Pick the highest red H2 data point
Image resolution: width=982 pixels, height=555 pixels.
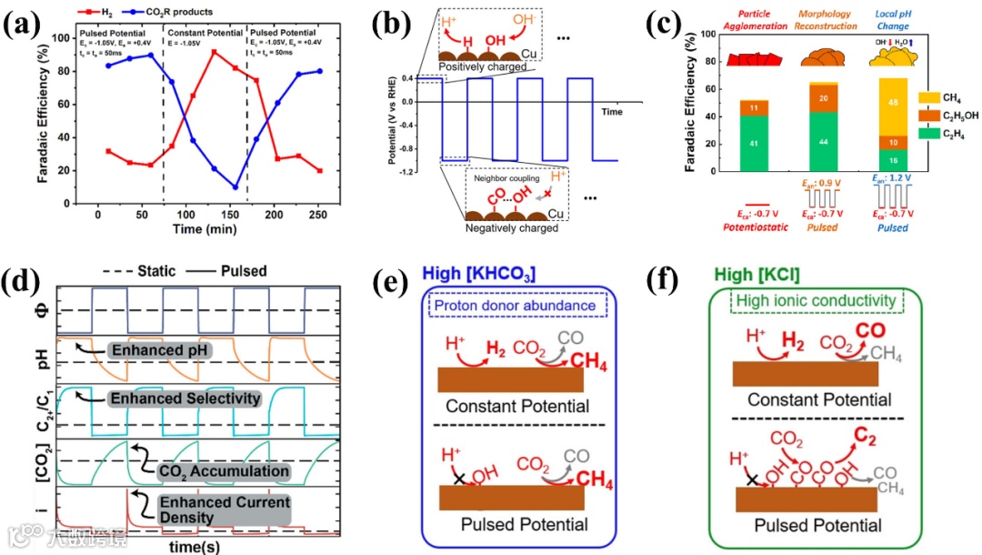214,52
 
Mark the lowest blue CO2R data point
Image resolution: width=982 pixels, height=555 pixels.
235,187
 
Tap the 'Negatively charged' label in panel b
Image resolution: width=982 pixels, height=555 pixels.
513,227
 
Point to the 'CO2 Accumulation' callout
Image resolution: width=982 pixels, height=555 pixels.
224,470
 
